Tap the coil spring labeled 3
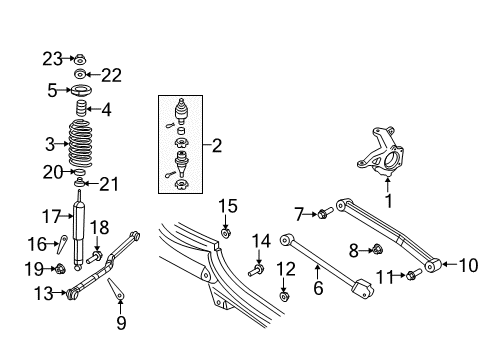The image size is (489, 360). pyautogui.click(x=81, y=144)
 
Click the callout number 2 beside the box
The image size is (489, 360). pyautogui.click(x=217, y=146)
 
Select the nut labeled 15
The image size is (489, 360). pyautogui.click(x=227, y=235)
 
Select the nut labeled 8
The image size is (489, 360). pyautogui.click(x=379, y=249)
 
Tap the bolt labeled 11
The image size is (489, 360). pyautogui.click(x=411, y=275)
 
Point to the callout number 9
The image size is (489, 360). pyautogui.click(x=120, y=322)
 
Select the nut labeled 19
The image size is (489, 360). pyautogui.click(x=59, y=268)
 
